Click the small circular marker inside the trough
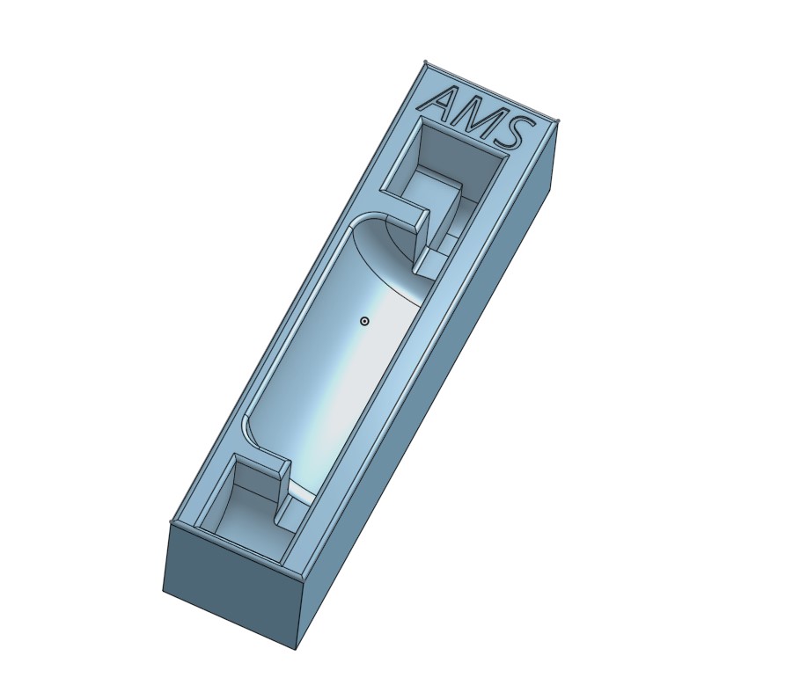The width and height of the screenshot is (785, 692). click(364, 322)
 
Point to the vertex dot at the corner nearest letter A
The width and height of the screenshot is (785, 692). click(426, 62)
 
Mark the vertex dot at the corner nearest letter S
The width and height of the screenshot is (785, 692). click(558, 121)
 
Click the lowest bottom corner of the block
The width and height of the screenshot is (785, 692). click(295, 649)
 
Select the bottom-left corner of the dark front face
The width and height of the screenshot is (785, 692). click(164, 590)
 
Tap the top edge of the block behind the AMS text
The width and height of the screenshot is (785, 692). click(492, 91)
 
